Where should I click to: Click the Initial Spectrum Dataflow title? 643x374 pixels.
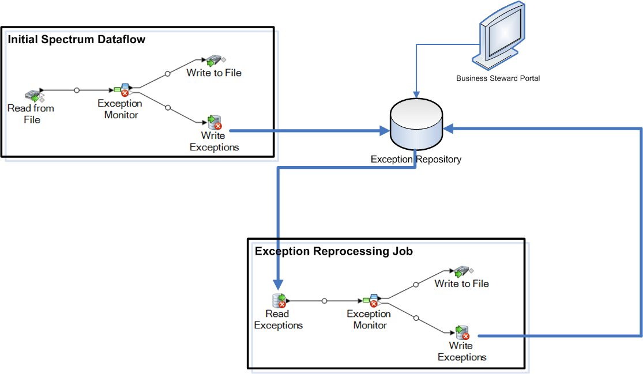76,40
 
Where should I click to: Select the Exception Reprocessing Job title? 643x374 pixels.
333,251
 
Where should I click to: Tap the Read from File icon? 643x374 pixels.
33,96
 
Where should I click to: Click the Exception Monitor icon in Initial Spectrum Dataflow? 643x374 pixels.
123,90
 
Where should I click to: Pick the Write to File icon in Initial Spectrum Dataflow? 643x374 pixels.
214,59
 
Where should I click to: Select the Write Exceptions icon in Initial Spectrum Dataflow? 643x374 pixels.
215,122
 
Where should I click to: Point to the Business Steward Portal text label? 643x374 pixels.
498,78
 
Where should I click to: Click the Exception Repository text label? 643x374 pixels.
416,159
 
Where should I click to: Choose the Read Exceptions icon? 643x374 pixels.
279,301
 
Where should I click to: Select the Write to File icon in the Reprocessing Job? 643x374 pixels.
461,270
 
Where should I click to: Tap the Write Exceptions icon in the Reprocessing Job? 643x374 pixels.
462,333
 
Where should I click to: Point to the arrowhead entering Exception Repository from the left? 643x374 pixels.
384,132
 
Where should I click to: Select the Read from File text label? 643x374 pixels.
31,114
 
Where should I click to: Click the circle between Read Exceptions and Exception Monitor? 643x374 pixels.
324,301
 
